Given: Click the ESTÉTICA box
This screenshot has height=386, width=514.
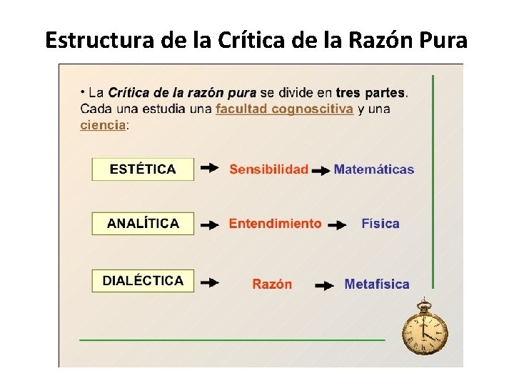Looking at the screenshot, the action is pyautogui.click(x=143, y=169).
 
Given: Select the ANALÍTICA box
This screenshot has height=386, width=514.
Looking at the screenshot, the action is pyautogui.click(x=143, y=223).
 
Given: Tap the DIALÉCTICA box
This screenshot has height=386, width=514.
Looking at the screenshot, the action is pyautogui.click(x=143, y=281).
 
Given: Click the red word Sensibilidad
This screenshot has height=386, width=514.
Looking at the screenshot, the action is pyautogui.click(x=268, y=169).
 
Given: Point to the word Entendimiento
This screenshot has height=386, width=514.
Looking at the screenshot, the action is pyautogui.click(x=275, y=224).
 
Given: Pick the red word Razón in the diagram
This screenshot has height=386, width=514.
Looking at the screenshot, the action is pyautogui.click(x=272, y=284).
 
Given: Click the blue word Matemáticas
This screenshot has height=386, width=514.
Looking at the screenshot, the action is pyautogui.click(x=373, y=169).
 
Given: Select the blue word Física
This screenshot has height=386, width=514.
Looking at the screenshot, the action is pyautogui.click(x=381, y=224).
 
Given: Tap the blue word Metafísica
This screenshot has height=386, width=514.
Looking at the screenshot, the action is pyautogui.click(x=377, y=284).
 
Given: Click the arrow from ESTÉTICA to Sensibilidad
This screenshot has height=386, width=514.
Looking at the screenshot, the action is pyautogui.click(x=209, y=169).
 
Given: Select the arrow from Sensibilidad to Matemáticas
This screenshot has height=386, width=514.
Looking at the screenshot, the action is pyautogui.click(x=321, y=171).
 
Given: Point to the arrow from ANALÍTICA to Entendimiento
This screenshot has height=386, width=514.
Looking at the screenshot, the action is pyautogui.click(x=209, y=224).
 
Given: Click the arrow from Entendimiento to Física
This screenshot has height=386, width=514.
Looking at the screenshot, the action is pyautogui.click(x=333, y=224).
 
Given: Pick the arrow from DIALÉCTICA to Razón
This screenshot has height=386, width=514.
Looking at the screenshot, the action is pyautogui.click(x=209, y=283).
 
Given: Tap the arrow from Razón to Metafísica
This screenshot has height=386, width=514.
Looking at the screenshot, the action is pyautogui.click(x=325, y=285).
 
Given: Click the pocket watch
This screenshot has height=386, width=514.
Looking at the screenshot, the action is pyautogui.click(x=425, y=330).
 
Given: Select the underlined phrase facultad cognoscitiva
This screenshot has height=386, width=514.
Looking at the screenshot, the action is pyautogui.click(x=284, y=109).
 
